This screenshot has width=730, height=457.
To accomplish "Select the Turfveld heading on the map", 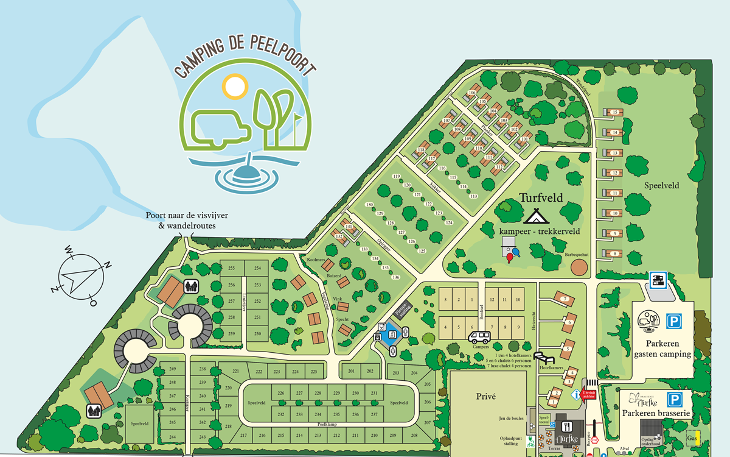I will [541, 198].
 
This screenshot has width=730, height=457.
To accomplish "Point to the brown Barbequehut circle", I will [579, 267].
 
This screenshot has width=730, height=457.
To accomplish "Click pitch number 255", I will [231, 269].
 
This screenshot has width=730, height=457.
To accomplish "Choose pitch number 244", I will [172, 437].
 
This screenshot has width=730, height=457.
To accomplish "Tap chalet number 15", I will [615, 112].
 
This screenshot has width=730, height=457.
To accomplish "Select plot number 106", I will [471, 93].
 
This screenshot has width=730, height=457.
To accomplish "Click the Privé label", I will [488, 396].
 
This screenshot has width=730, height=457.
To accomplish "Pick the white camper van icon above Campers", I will [480, 337].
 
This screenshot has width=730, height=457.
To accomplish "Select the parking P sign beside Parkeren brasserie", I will [674, 400].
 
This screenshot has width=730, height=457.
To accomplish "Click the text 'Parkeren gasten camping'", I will [662, 349].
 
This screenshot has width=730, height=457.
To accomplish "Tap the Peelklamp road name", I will [327, 423].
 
